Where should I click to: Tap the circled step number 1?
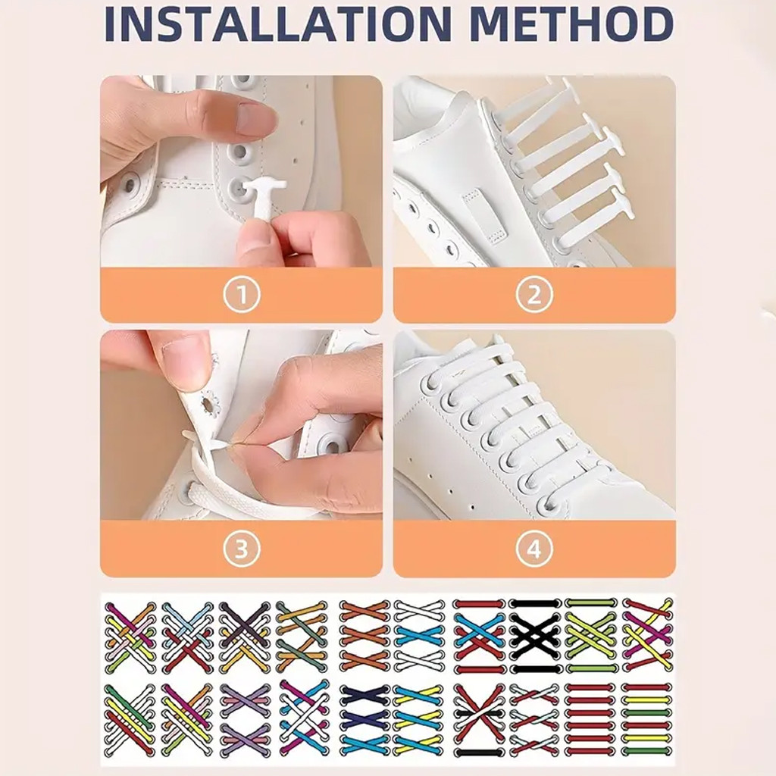241,296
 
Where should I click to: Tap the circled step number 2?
534,296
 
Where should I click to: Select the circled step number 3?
241,549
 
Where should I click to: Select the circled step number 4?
534,549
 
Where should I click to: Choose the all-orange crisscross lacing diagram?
364,637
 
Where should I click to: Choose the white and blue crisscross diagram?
418,637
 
